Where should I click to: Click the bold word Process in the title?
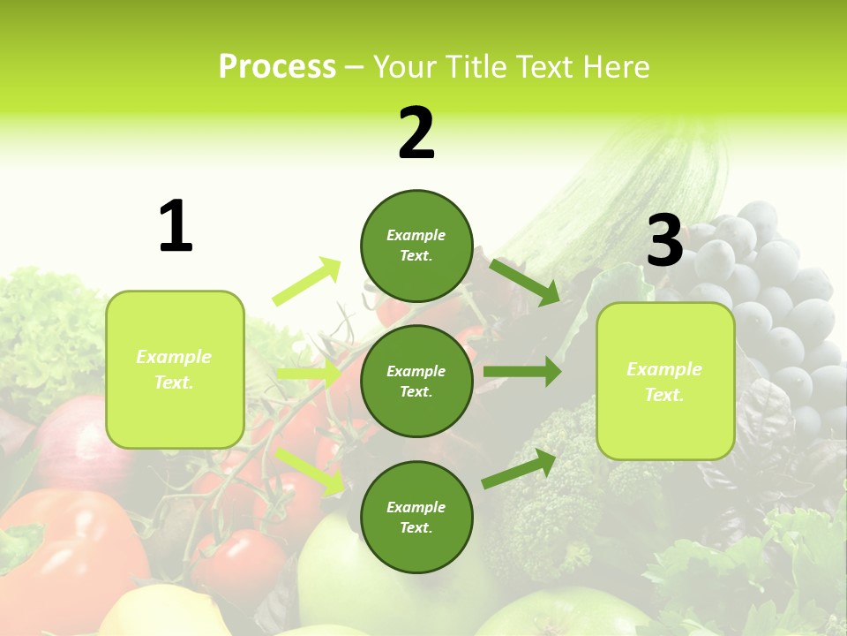point(277,66)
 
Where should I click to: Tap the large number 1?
point(176,226)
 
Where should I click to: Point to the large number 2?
point(416,133)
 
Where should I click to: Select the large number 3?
point(664,241)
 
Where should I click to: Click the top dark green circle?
point(416,246)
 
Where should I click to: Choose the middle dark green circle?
point(416,381)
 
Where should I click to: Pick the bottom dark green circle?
point(416,517)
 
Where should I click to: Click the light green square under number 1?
point(175,369)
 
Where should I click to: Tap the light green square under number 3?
point(665,381)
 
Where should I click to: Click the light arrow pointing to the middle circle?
point(309,374)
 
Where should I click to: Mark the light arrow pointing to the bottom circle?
point(309,470)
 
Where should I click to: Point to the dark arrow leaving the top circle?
point(525,282)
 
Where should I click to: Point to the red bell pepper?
point(62,548)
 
